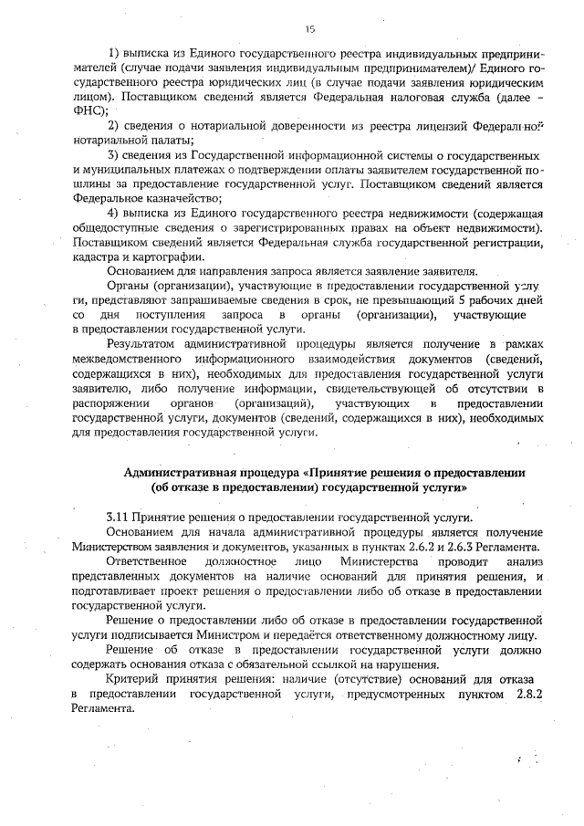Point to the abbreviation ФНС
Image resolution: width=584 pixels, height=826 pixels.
click(89, 109)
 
